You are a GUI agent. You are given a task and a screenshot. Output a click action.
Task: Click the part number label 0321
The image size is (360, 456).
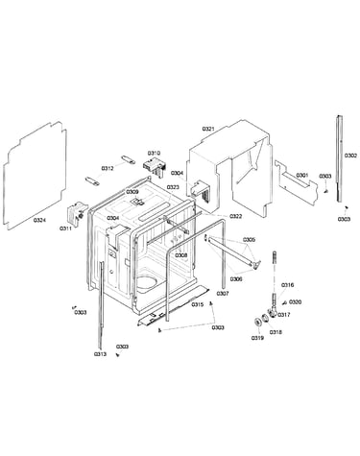pos(208,129)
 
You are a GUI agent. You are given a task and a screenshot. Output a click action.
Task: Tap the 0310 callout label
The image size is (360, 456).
pos(154,154)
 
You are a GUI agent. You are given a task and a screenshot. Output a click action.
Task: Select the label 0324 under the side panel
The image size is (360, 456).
pos(39,220)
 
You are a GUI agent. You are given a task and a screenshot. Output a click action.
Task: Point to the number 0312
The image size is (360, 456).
pos(108,168)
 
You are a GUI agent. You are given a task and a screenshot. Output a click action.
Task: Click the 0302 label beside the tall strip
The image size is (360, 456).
pos(350,156)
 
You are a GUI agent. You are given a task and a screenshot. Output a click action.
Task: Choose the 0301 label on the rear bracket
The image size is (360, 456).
pos(301,176)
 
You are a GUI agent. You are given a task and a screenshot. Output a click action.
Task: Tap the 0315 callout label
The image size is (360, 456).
pos(198,304)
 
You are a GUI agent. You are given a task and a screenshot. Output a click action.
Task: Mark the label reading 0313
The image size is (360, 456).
pos(100,354)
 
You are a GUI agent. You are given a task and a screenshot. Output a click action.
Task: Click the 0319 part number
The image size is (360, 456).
pos(257,338)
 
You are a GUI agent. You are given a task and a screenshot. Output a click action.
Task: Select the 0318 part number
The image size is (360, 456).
pos(276,332)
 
